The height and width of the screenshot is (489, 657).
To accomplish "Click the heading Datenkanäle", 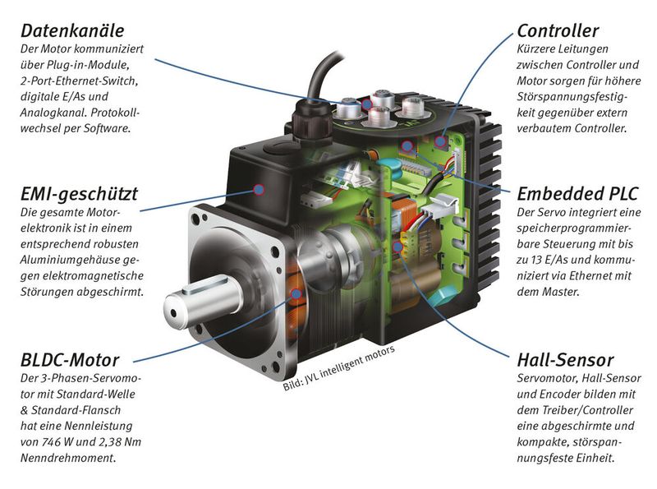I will pos(72,31).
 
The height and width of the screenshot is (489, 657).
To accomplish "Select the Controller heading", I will pos(558,31).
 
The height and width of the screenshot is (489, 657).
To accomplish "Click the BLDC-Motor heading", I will pos(69,360).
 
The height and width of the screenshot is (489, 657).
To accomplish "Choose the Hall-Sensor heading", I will pos(565,360).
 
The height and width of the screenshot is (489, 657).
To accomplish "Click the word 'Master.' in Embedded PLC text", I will pos(561,291).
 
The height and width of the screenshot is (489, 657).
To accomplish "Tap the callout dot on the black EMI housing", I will pos(260,189).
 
